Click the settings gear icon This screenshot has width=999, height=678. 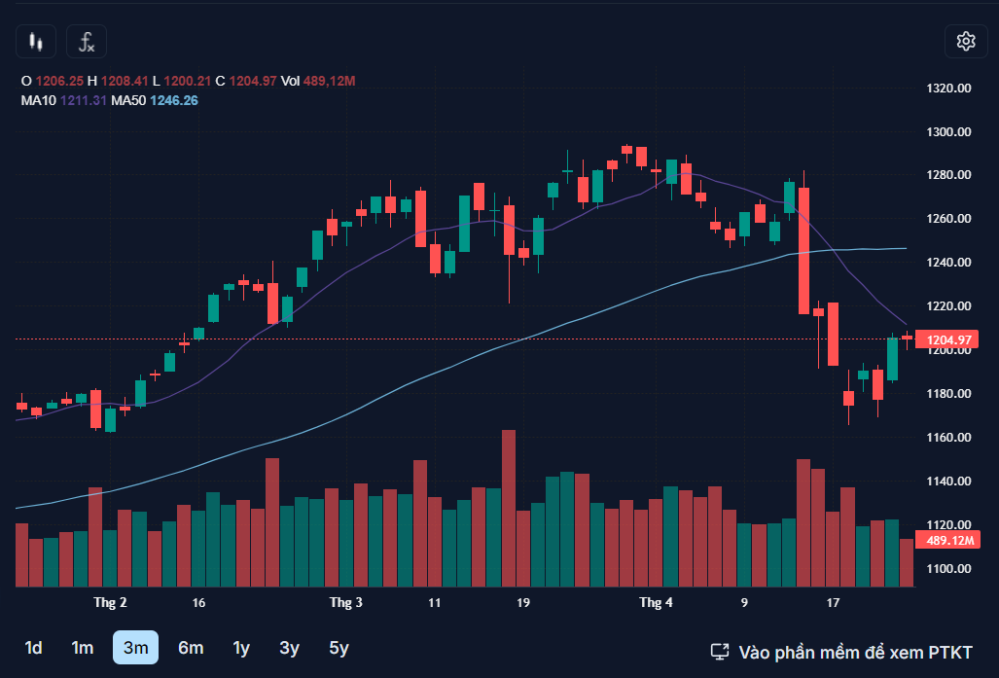(965, 41)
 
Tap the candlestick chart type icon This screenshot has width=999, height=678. (37, 41)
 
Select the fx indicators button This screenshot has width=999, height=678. (87, 41)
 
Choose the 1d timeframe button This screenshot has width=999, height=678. (33, 648)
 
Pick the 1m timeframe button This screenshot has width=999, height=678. (83, 648)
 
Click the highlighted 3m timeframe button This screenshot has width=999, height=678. (135, 648)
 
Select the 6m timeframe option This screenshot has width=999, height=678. (191, 648)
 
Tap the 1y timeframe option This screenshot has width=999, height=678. (241, 648)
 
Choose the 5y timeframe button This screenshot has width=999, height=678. (339, 648)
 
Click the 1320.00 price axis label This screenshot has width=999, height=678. (949, 88)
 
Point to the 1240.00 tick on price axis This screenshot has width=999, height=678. (949, 263)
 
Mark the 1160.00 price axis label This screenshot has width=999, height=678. (949, 438)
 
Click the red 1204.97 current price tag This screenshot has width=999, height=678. (950, 339)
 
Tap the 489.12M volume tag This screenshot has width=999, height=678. (950, 541)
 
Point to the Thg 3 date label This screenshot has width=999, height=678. (345, 603)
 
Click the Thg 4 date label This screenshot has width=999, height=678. (656, 603)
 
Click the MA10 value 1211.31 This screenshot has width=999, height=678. (84, 100)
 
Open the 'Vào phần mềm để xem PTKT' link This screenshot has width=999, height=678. (841, 652)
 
